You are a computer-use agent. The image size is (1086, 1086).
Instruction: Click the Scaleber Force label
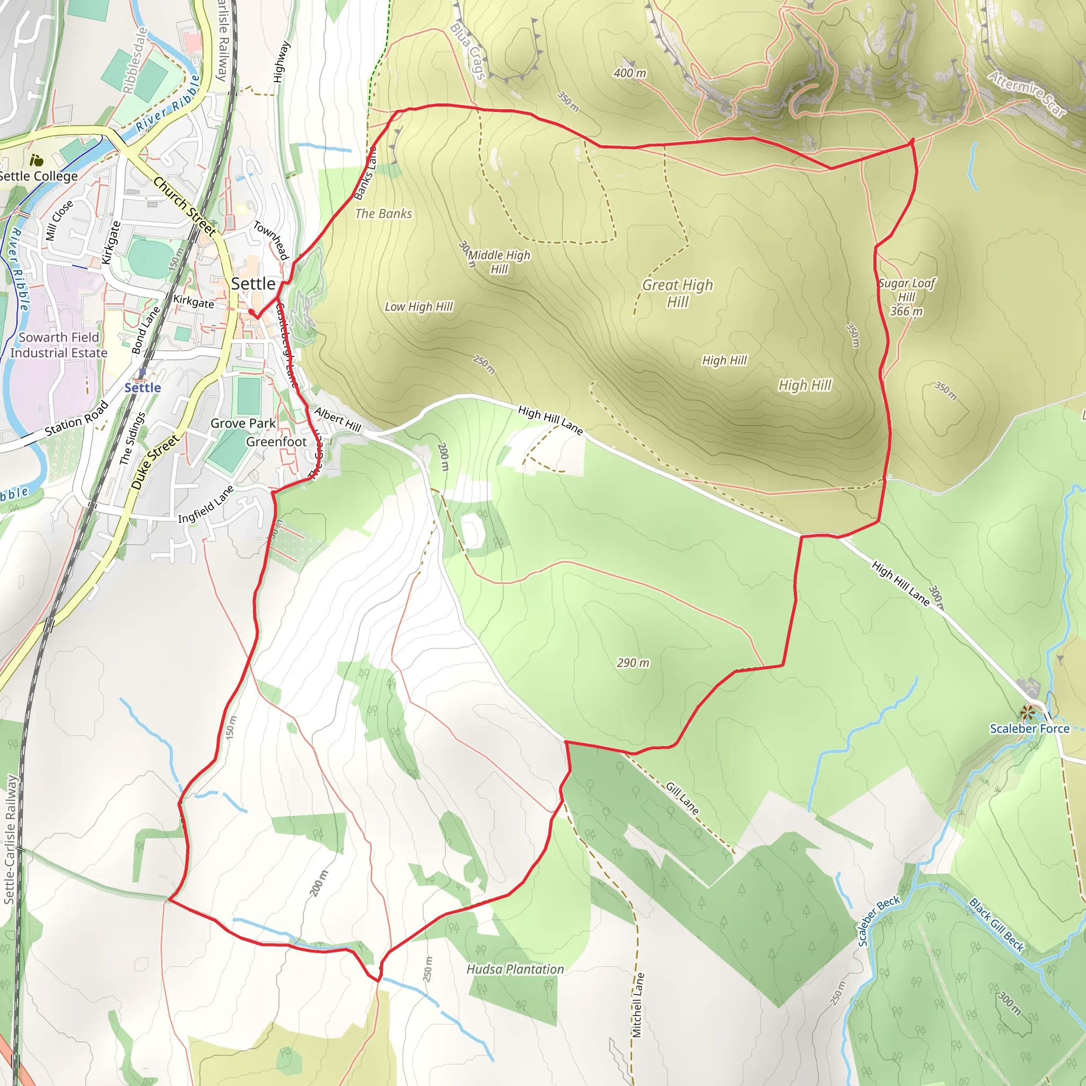pos(1029,729)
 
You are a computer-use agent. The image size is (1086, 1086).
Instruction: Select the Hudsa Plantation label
pos(515,969)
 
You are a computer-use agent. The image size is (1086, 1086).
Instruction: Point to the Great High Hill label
pos(677,293)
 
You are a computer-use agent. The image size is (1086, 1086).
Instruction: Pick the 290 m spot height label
pos(633,663)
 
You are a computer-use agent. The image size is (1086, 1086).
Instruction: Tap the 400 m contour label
pos(629,73)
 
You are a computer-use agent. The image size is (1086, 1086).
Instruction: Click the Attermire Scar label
pos(1028,94)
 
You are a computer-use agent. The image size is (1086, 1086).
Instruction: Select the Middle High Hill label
pos(499,262)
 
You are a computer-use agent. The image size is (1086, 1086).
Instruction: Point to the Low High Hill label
pos(419,306)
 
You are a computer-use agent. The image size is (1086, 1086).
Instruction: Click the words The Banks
pos(384,214)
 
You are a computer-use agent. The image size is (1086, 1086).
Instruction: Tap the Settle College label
pos(38,176)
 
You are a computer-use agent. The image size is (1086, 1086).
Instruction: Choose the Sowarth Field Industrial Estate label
pos(58,345)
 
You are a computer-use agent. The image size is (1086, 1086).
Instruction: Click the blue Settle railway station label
pos(143,387)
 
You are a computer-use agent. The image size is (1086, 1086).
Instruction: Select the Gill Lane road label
pos(682,798)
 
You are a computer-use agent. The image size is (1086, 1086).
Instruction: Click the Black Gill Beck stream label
pos(996,925)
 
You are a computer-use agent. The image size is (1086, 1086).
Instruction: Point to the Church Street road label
pos(185,206)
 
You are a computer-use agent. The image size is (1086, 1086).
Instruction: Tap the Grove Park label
pos(243,423)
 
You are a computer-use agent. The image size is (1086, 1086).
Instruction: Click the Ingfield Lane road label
pos(206,504)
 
